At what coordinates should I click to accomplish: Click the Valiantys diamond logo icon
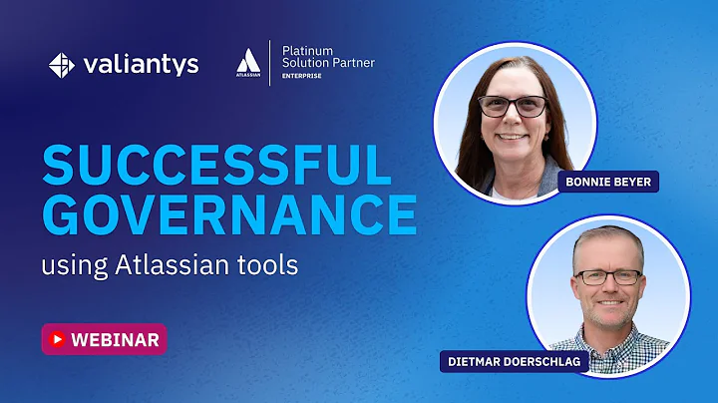click(62, 65)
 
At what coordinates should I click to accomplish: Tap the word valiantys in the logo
click(142, 65)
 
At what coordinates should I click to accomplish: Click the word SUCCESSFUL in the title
click(216, 166)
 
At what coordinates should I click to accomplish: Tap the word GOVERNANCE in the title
click(229, 213)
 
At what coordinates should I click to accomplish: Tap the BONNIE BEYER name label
click(608, 182)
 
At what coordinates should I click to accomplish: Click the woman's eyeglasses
click(513, 106)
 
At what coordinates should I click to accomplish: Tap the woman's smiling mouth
click(513, 136)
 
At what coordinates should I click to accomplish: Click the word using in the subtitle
click(69, 267)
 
